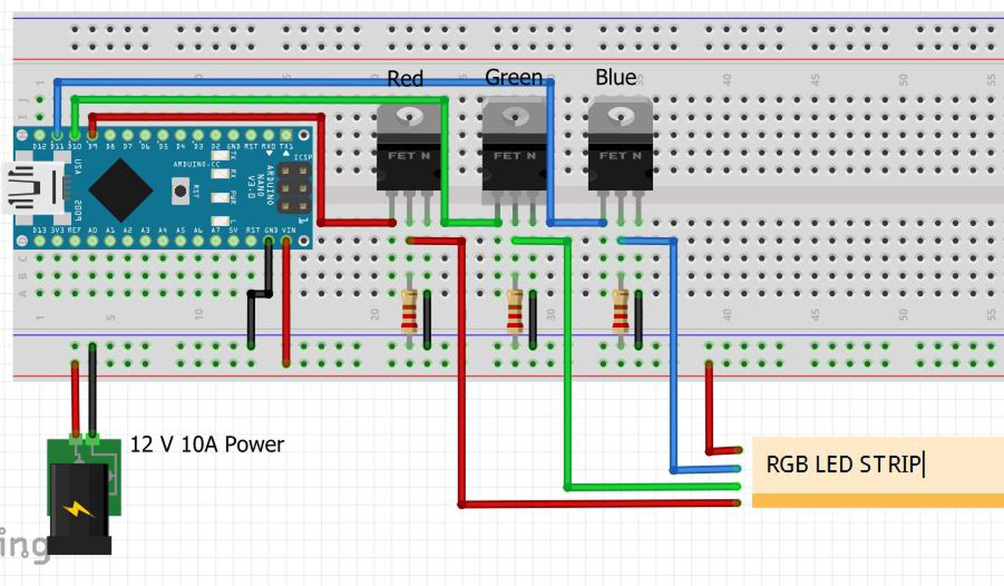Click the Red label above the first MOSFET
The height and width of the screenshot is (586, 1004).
[405, 79]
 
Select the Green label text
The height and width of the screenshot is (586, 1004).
[514, 78]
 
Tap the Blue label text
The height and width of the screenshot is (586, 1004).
[616, 78]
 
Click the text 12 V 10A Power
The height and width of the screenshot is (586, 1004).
[207, 445]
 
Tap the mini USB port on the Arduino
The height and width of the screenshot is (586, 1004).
[36, 188]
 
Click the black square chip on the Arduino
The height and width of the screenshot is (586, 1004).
[120, 189]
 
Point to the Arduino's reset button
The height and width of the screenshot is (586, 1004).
[180, 190]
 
